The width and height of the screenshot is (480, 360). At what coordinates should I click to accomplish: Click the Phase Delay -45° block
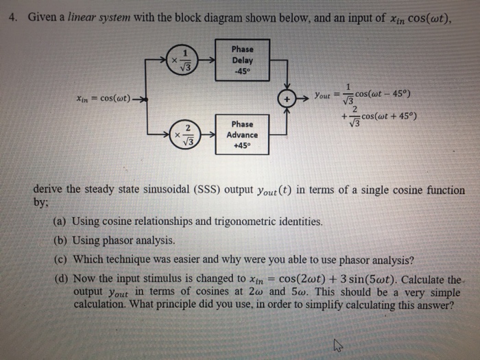pyautogui.click(x=242, y=60)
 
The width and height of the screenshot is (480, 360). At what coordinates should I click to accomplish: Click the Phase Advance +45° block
pyautogui.click(x=242, y=135)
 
